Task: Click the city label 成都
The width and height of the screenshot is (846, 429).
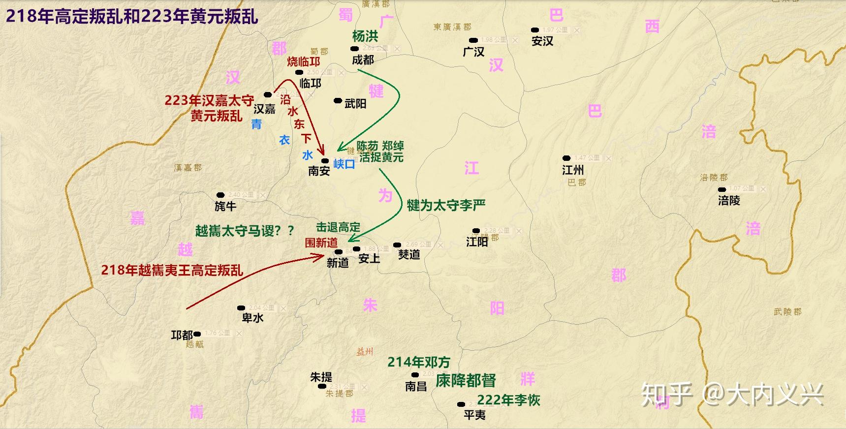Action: coord(363,60)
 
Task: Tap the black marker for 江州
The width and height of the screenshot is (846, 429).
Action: coord(566,158)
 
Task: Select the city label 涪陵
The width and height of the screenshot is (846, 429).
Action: coord(729,201)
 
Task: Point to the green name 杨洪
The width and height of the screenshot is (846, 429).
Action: coord(365,36)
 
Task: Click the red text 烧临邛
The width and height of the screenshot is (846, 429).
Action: coord(303,61)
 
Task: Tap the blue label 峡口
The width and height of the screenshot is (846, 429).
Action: coord(344,164)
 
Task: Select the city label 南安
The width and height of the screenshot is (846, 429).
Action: coord(319,171)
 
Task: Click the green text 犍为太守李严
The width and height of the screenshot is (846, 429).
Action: coord(446,205)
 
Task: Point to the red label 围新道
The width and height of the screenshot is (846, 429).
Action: coord(321,243)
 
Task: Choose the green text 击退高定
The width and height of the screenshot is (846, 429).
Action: coord(338,227)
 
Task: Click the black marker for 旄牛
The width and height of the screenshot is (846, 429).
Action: coord(220,195)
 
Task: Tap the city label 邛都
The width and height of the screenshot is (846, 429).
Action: coord(182,336)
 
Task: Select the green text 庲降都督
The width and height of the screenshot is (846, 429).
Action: coord(466,381)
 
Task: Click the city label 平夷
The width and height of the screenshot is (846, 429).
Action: coord(474,415)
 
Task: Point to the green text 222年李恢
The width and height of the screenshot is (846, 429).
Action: coord(508,400)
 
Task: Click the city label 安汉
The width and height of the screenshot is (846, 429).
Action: coord(542,41)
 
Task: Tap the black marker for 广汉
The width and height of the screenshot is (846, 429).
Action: coord(473,40)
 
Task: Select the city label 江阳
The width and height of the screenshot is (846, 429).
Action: coord(477,242)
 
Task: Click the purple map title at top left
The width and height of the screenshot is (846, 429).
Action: coord(132,16)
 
